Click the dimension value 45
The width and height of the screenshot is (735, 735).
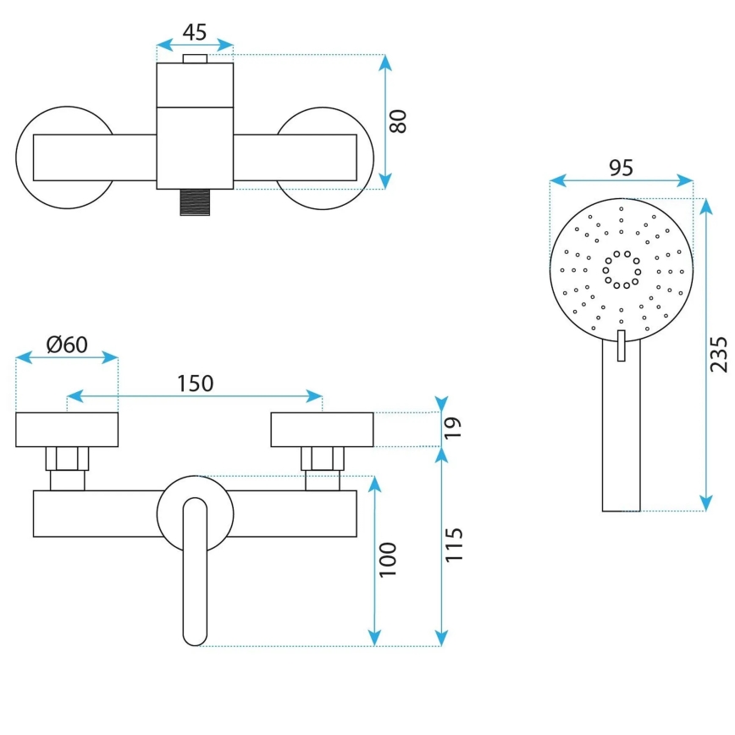pos(195,31)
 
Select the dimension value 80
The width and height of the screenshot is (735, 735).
pos(399,121)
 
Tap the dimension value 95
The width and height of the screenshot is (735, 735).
pos(621,168)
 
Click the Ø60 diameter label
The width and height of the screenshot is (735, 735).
pos(67,345)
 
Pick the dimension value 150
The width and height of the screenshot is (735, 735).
pos(195,383)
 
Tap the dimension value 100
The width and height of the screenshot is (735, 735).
pos(388,559)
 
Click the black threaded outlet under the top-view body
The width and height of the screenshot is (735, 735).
pos(195,202)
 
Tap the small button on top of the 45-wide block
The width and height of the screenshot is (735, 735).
pos(195,58)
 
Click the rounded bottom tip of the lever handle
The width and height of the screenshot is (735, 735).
pos(195,635)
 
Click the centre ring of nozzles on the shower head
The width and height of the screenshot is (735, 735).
pos(621,269)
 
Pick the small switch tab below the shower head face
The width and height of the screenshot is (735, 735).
pos(621,345)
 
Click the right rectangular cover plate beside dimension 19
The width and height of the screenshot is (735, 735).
pos(322,429)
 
